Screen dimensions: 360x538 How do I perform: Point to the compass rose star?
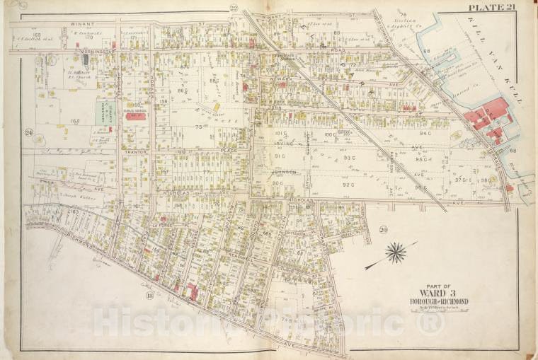395,252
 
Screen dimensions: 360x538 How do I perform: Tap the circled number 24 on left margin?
29,132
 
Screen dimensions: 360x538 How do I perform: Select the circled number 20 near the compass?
383,230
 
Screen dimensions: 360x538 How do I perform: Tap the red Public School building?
135,116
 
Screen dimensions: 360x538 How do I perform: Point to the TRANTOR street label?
134,151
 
